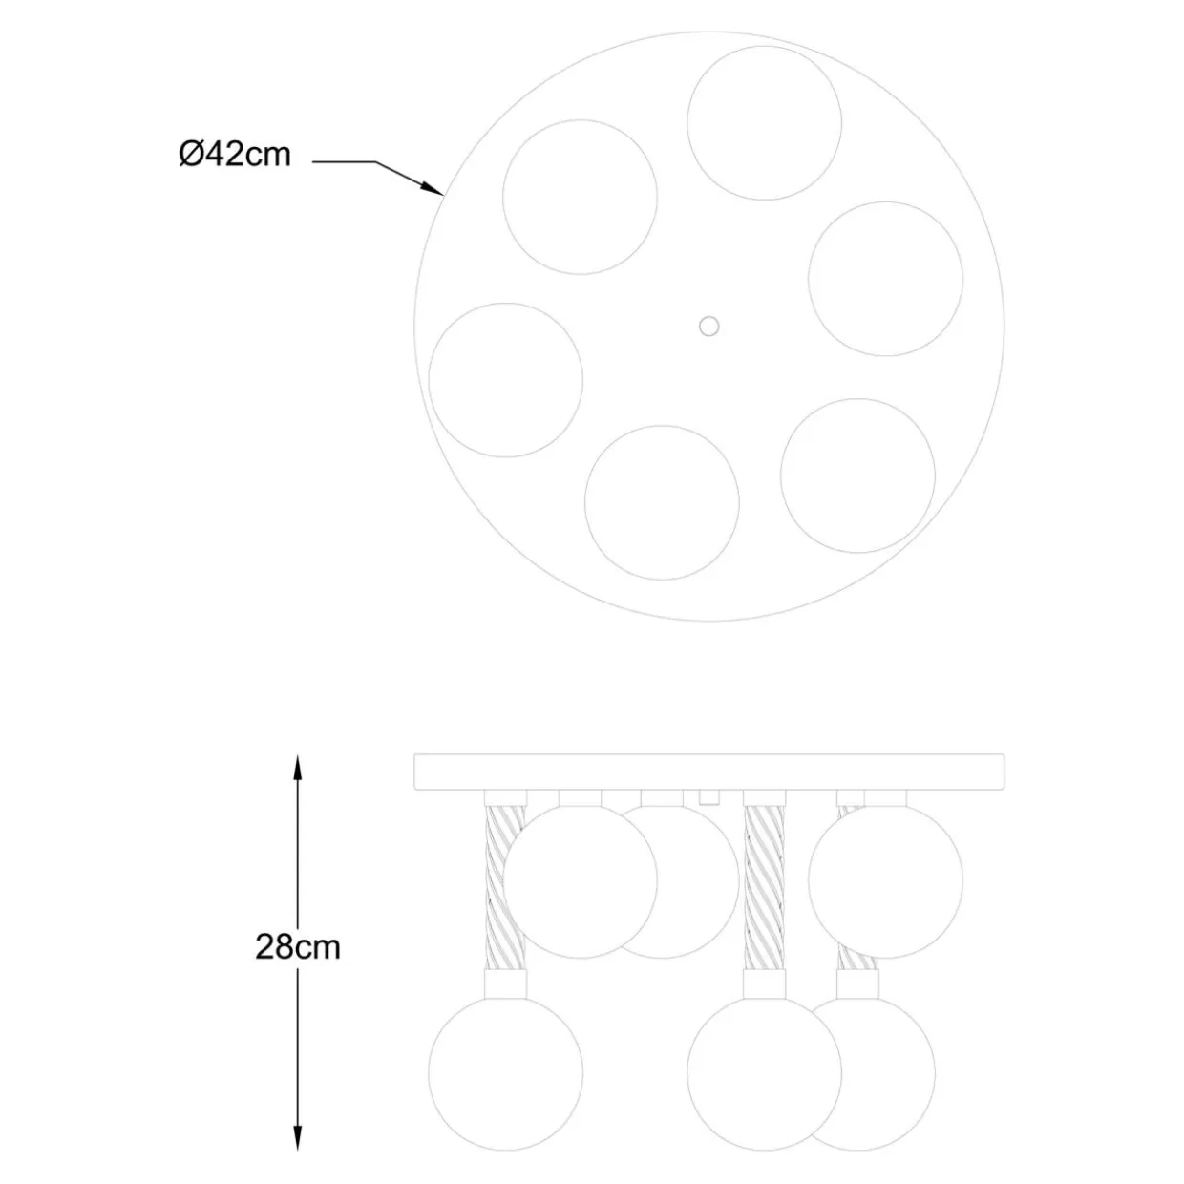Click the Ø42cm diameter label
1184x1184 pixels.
coord(235,154)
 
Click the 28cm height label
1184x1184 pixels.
coord(297,947)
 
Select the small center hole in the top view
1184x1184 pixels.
coord(709,327)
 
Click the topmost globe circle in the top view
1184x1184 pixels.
coord(764,123)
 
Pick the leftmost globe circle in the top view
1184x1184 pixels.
coord(506,380)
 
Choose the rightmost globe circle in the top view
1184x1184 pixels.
coord(885,278)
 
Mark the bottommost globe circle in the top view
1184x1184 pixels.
coord(662,502)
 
